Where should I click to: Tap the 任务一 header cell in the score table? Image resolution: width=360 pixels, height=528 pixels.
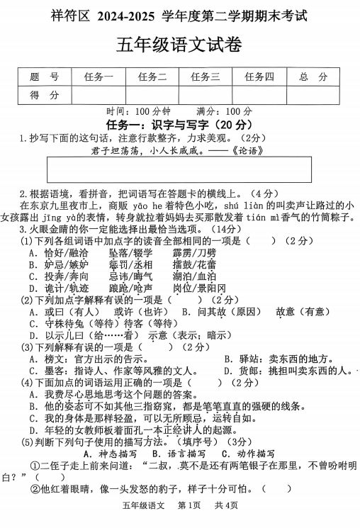point(99,77)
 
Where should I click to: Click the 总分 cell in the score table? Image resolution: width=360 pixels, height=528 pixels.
point(313,77)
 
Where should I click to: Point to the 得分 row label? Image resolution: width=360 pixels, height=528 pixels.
point(44,95)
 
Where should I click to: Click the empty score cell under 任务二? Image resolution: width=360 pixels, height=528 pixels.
point(152,95)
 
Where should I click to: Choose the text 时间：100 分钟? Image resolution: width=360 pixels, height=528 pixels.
point(138,111)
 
